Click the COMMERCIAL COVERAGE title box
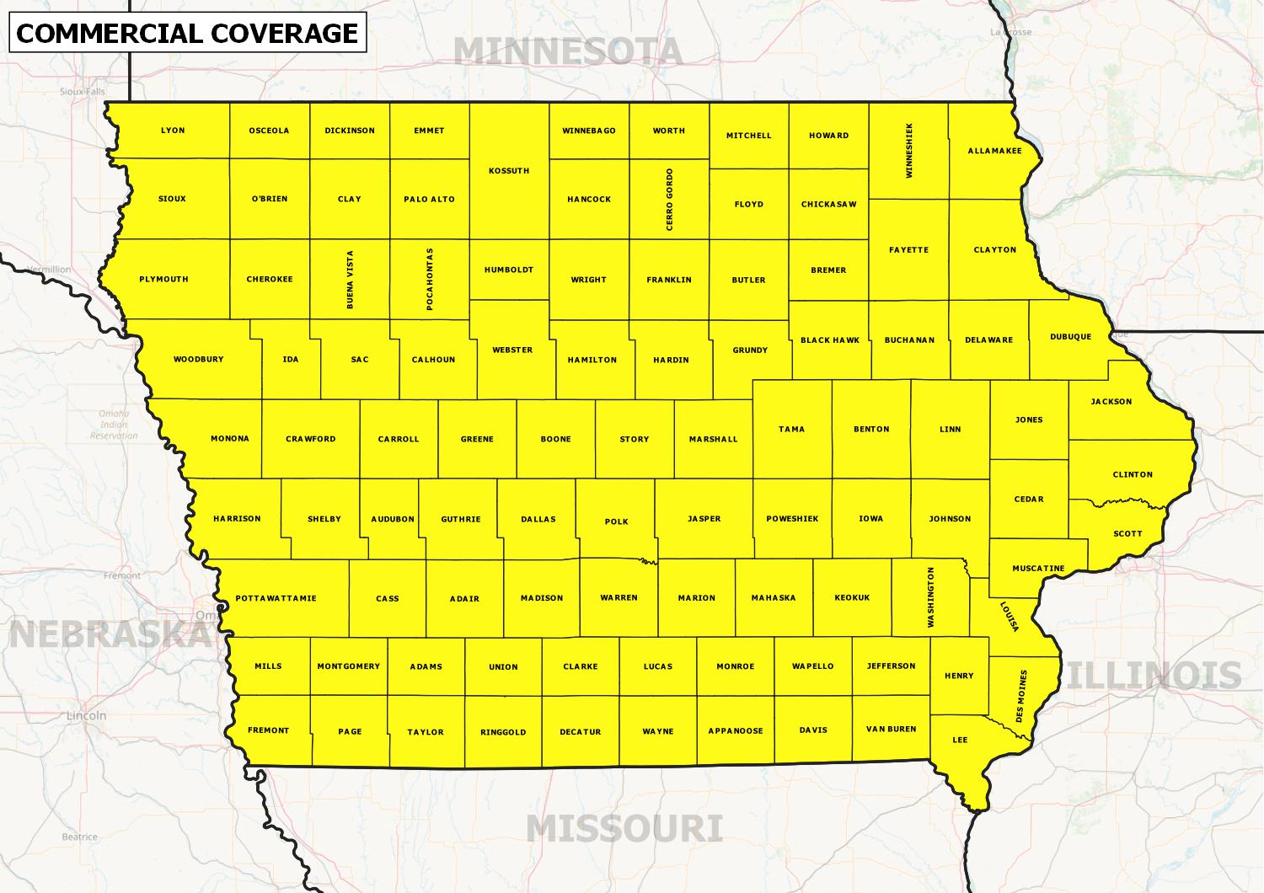click(x=187, y=33)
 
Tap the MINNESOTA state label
click(x=567, y=52)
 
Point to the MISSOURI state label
click(x=624, y=829)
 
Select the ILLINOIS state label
click(x=1154, y=676)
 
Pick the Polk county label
click(x=617, y=521)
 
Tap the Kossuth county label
click(x=509, y=171)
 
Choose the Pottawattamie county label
click(x=276, y=598)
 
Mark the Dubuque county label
click(x=1070, y=337)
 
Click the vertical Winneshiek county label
click(x=908, y=151)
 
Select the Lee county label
click(x=960, y=740)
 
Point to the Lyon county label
click(x=173, y=131)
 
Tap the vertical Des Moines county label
click(x=1021, y=697)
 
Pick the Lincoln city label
click(x=87, y=715)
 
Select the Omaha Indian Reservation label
click(x=114, y=425)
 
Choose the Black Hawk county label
click(x=829, y=340)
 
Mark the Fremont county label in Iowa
click(x=268, y=730)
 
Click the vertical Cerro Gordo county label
click(x=669, y=200)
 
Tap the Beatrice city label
click(x=79, y=837)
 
